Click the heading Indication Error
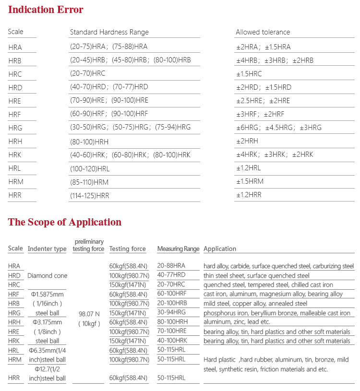pos(46,10)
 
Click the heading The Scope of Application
pos(65,222)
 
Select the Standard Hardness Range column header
pos(109,32)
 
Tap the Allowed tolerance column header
pos(263,32)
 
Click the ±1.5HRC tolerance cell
pos(249,74)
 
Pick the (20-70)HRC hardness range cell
pos(87,73)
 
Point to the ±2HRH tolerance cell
pos(247,141)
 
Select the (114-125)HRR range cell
pos(90,195)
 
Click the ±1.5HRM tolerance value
pos(250,181)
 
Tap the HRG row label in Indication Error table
pos(15,128)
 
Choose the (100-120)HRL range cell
pos(90,168)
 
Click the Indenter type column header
pos(47,249)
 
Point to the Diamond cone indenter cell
pos(47,275)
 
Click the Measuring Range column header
pos(178,249)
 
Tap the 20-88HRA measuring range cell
pos(171,266)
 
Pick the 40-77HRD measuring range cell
pos(171,275)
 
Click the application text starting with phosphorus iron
pos(277,313)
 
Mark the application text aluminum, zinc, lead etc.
pos(237,322)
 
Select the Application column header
pos(220,249)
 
